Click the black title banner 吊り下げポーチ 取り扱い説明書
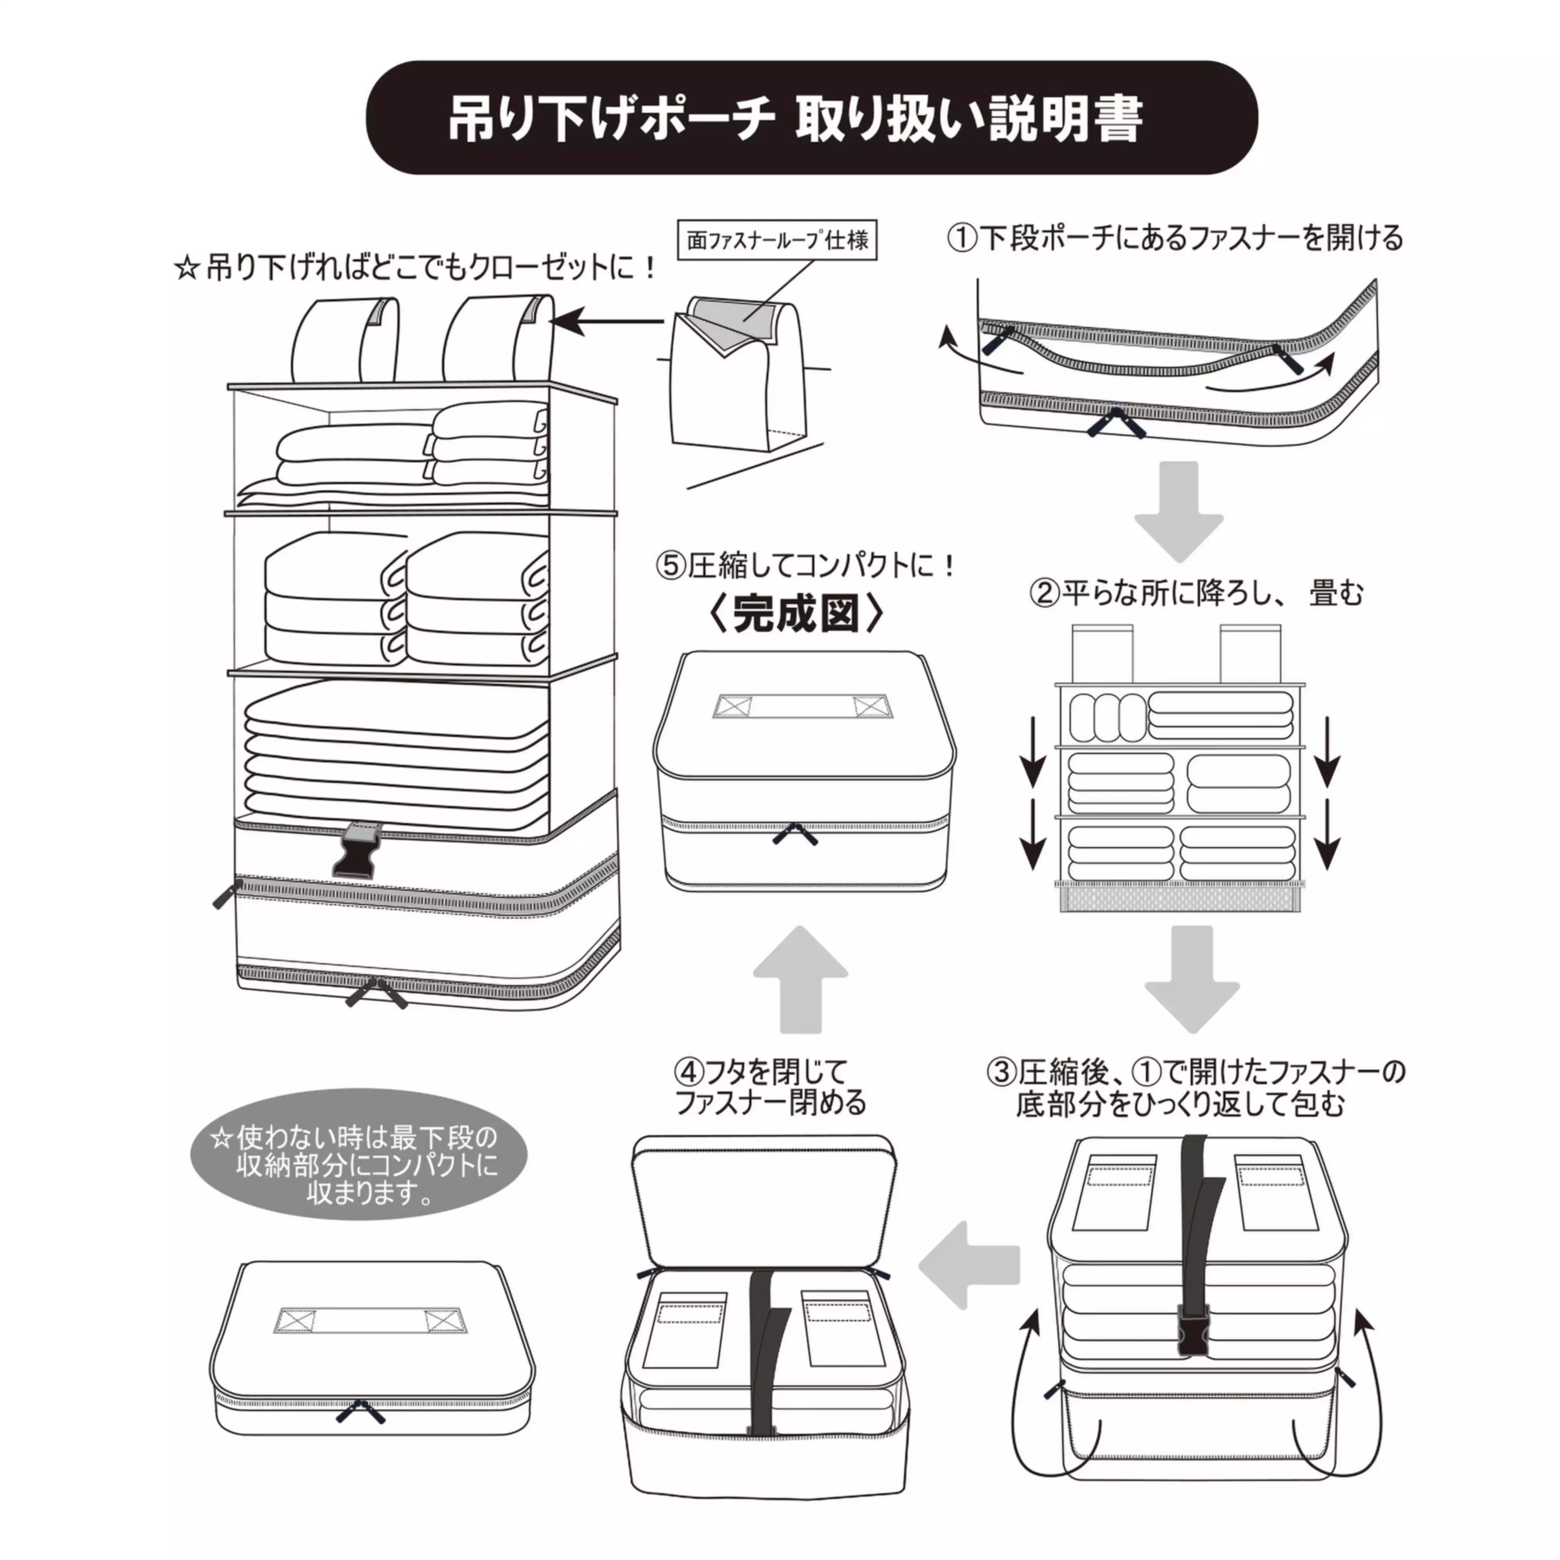pyautogui.click(x=812, y=119)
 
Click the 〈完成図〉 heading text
pyautogui.click(x=795, y=615)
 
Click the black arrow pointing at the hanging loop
pyautogui.click(x=606, y=321)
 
